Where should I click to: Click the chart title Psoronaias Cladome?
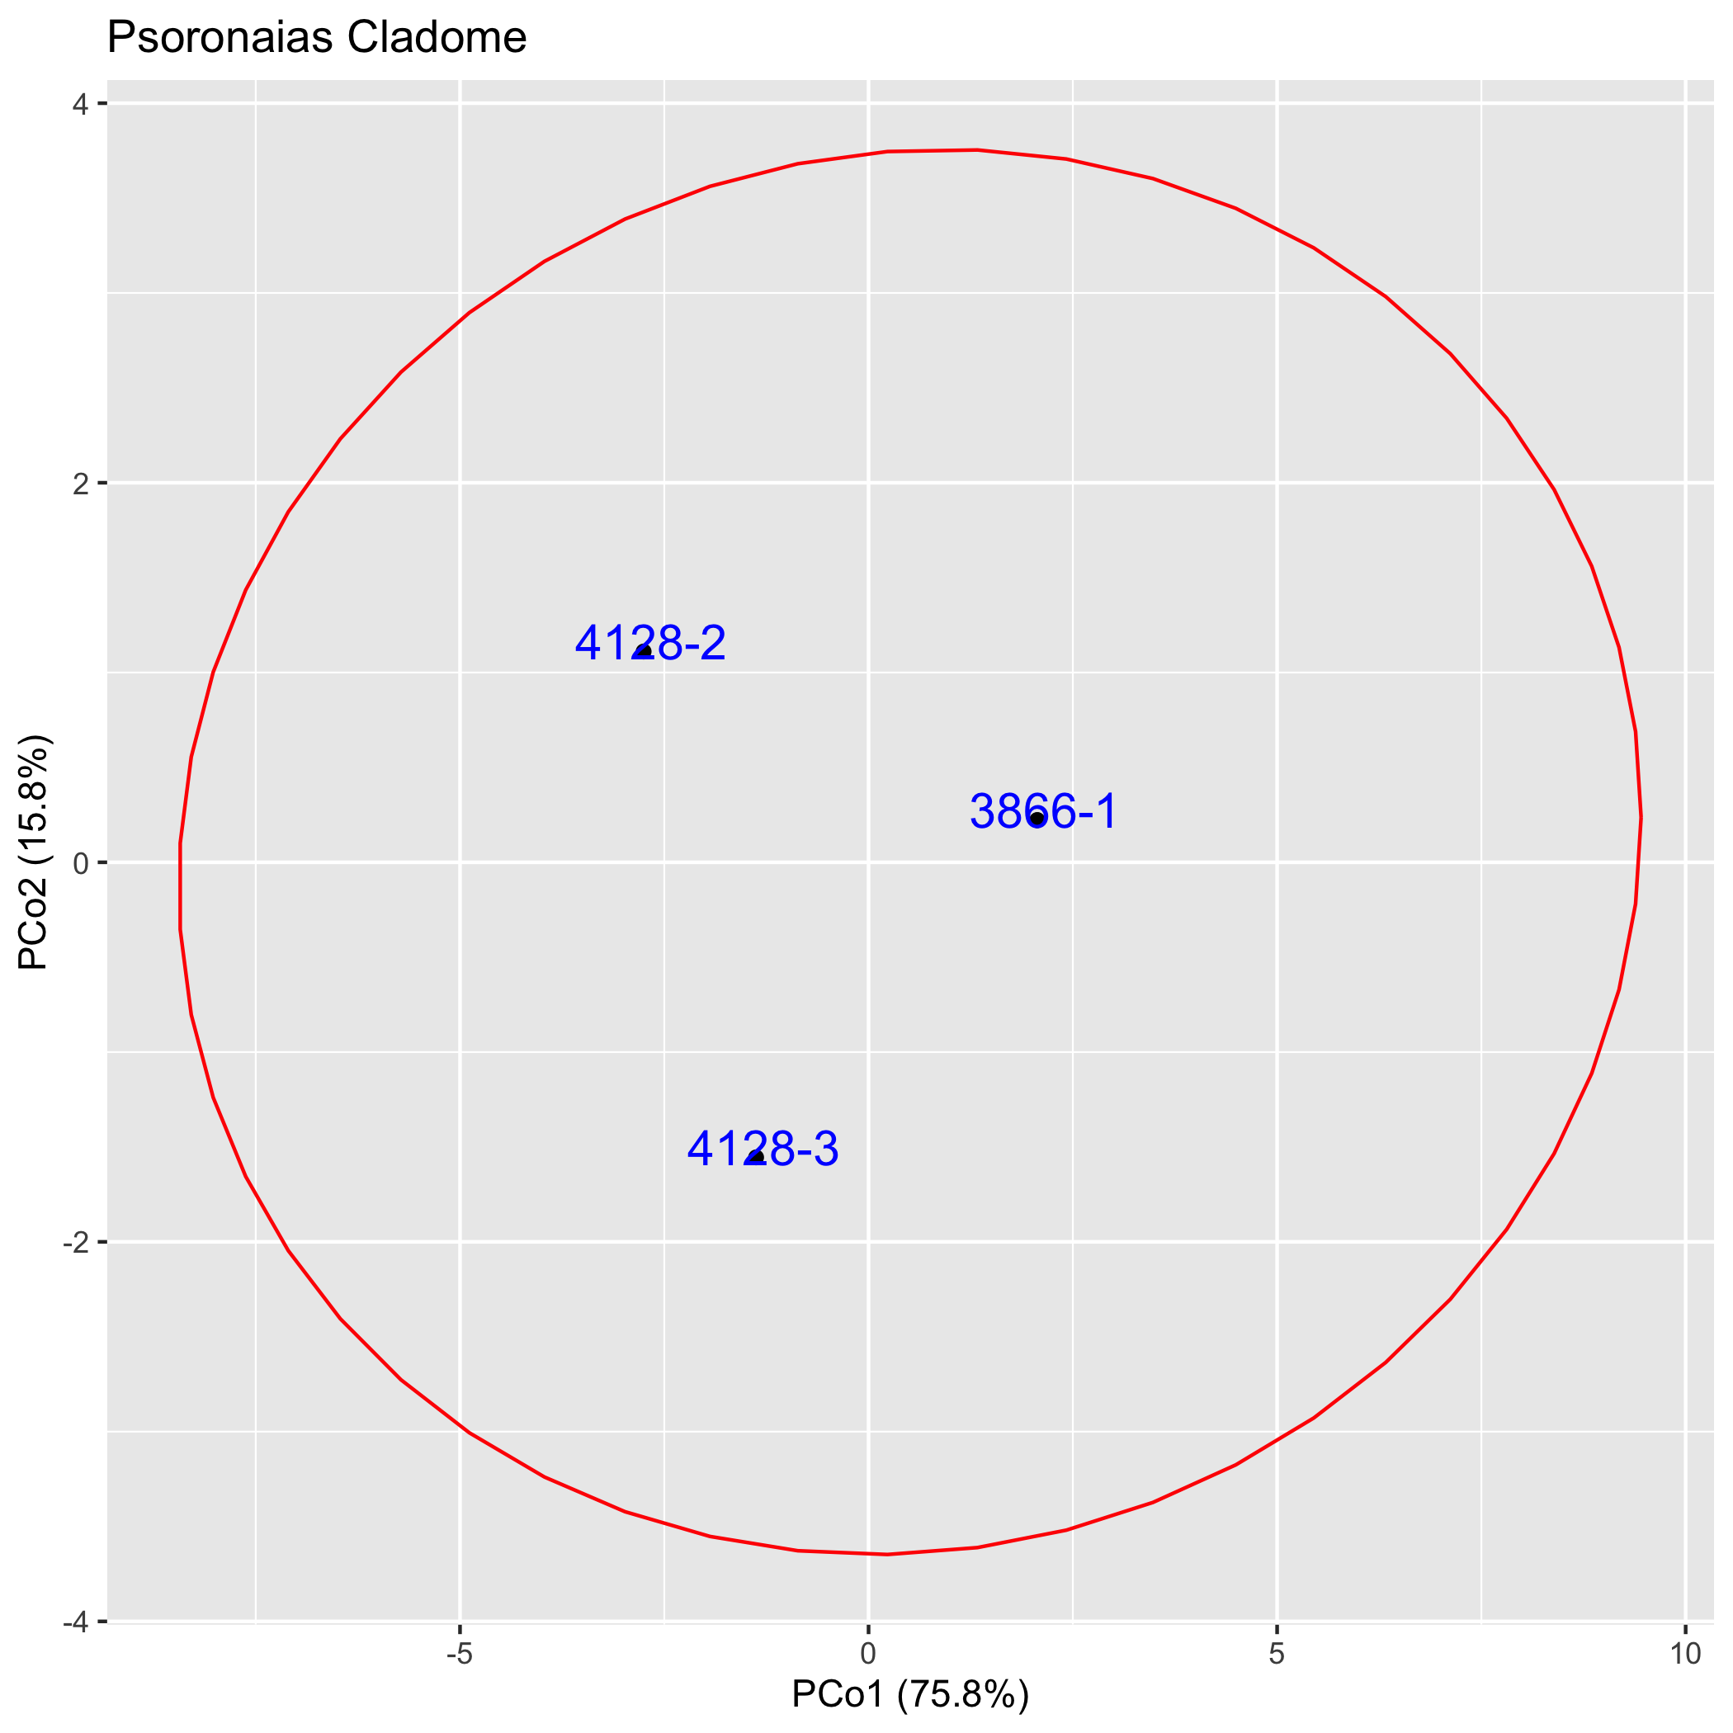[317, 39]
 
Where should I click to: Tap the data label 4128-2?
[650, 643]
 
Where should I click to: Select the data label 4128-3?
[763, 1149]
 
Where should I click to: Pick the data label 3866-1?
[1044, 812]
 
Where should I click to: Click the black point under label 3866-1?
[1037, 818]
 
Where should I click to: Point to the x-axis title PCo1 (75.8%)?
[909, 1694]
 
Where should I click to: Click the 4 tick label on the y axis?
[81, 104]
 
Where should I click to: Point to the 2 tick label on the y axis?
[81, 484]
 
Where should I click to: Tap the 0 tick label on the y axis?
[81, 863]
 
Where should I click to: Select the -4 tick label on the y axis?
[75, 1622]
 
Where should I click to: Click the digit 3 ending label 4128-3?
[825, 1149]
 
